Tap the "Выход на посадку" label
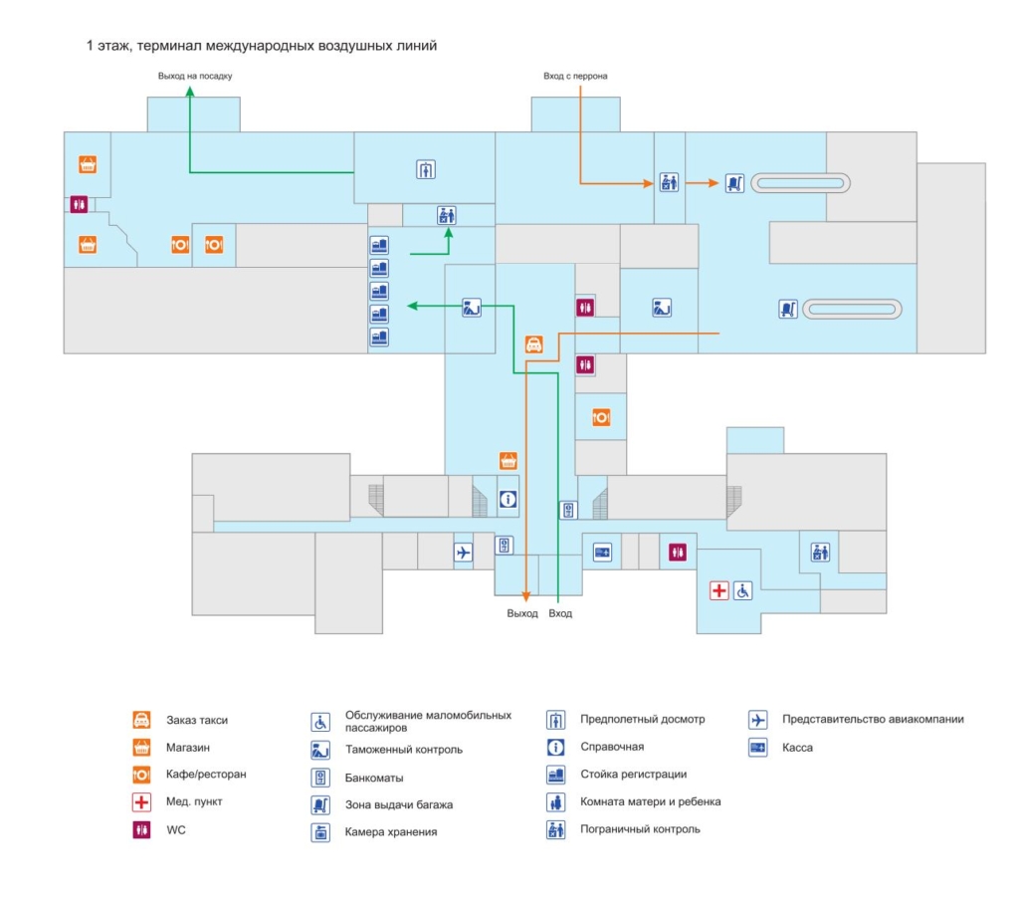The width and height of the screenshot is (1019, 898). (195, 76)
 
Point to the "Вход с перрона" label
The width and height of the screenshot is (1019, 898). (575, 76)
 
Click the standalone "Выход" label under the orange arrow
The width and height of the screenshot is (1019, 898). (522, 613)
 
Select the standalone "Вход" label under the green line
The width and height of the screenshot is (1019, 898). (560, 613)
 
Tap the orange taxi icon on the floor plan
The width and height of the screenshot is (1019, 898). (533, 345)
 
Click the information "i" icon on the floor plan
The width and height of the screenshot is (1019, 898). (508, 499)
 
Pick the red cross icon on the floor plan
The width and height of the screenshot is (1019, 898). (718, 590)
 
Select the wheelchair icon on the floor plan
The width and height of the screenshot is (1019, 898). (743, 590)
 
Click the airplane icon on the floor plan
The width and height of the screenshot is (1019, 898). (463, 552)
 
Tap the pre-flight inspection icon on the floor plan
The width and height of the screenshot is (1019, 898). (426, 169)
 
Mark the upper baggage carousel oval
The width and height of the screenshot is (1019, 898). (801, 182)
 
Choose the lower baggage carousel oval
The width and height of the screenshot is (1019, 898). (854, 309)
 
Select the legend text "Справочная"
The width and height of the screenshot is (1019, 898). (612, 747)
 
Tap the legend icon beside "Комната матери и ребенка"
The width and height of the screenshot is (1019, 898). (556, 801)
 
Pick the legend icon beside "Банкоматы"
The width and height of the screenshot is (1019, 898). (320, 778)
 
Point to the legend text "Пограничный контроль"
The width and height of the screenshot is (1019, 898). (640, 828)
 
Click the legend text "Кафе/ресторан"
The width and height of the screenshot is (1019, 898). (206, 774)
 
